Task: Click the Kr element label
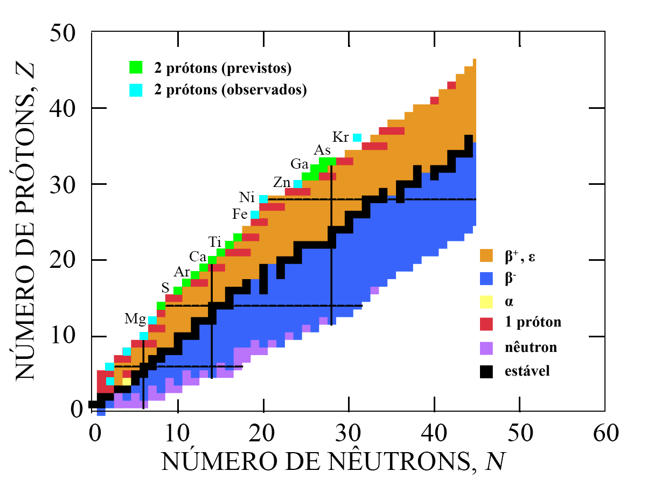340,136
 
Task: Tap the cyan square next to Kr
357,138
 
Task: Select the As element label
322,150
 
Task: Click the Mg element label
135,318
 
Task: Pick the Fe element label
240,214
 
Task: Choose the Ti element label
215,241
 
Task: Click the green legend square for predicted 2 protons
135,68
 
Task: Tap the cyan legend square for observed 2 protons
135,90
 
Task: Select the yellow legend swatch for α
486,301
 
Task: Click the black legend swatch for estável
486,371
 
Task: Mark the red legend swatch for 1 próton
486,323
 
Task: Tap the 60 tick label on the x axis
604,431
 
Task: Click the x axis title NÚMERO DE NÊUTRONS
335,461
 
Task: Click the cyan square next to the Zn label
298,184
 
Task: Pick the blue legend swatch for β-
486,278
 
